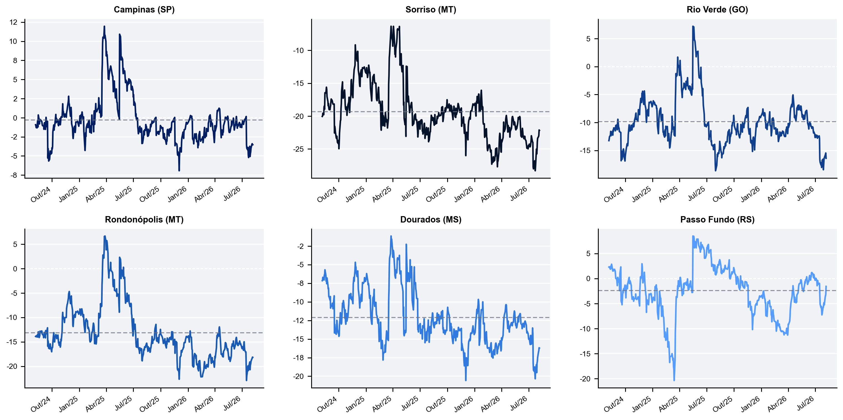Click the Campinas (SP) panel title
(x=144, y=9)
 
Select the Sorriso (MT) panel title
(x=431, y=9)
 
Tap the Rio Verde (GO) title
(x=717, y=9)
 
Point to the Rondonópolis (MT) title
(x=144, y=219)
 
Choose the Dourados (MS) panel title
(x=431, y=219)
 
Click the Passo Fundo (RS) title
(x=717, y=219)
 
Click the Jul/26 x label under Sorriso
(x=519, y=194)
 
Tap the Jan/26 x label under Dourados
(x=463, y=404)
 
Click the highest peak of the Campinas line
(x=104, y=26)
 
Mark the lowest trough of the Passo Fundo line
(x=674, y=380)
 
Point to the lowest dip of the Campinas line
(x=179, y=170)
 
